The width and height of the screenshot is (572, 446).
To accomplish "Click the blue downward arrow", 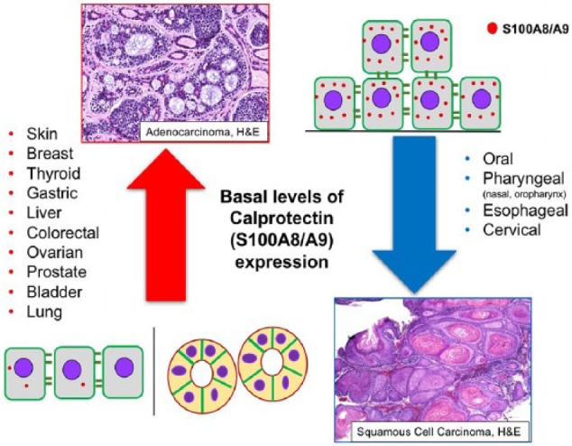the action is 414,216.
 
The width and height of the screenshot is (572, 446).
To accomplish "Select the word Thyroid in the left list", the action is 53,173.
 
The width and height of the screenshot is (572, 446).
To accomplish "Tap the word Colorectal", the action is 63,233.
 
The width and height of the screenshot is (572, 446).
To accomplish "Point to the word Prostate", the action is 57,273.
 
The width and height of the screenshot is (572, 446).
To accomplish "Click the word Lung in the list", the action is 44,312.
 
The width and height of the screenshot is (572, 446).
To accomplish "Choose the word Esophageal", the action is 526,210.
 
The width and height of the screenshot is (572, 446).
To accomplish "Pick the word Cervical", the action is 512,230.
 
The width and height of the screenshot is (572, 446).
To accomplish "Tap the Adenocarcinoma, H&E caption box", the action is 202,132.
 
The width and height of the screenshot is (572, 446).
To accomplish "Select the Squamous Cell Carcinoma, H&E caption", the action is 438,432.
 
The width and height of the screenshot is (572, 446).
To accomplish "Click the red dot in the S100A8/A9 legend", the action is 493,29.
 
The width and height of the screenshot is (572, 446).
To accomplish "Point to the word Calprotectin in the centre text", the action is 282,219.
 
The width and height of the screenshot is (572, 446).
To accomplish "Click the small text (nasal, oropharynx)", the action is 524,195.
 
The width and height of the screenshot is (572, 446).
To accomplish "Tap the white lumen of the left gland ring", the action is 201,374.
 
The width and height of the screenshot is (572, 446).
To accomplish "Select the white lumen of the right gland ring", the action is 272,363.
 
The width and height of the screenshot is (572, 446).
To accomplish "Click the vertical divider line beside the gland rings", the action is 154,371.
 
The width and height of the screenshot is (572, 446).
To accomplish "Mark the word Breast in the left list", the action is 50,153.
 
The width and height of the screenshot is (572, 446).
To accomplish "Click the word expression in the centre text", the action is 281,263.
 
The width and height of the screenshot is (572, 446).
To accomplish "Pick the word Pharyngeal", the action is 524,179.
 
